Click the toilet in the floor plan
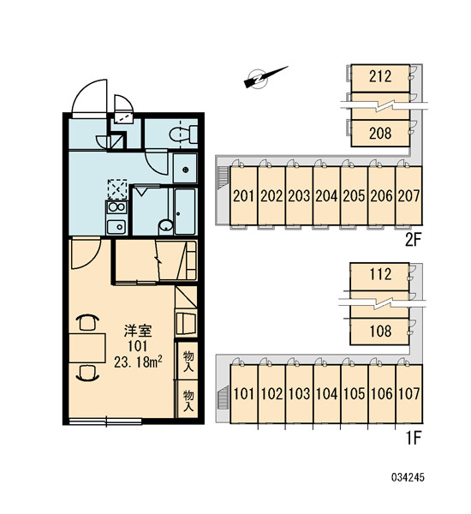pos(183,134)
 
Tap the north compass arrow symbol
pos(265,77)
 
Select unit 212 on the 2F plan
pos(380,78)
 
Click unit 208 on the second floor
pos(380,133)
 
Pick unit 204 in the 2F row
pos(326,195)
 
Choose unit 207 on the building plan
pos(409,195)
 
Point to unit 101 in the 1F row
pos(244,394)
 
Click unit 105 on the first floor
pos(354,394)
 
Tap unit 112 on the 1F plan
pos(380,274)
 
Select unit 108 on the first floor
pos(380,331)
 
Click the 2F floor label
pos(413,241)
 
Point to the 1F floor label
pos(414,438)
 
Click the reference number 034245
pos(408,477)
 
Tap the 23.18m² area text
pos(138,362)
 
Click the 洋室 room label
pos(138,332)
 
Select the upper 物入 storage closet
pos(188,361)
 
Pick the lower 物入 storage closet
pos(188,400)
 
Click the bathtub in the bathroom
pos(185,212)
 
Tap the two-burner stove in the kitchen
pos(116,206)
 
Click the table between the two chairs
pos(87,348)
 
